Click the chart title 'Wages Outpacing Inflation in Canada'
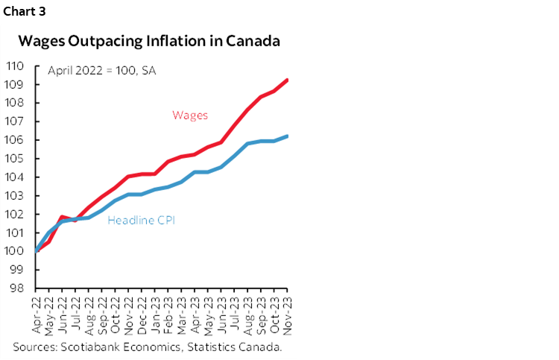149,41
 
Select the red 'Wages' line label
189,115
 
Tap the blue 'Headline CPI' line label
142,221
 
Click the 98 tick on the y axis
17,288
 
